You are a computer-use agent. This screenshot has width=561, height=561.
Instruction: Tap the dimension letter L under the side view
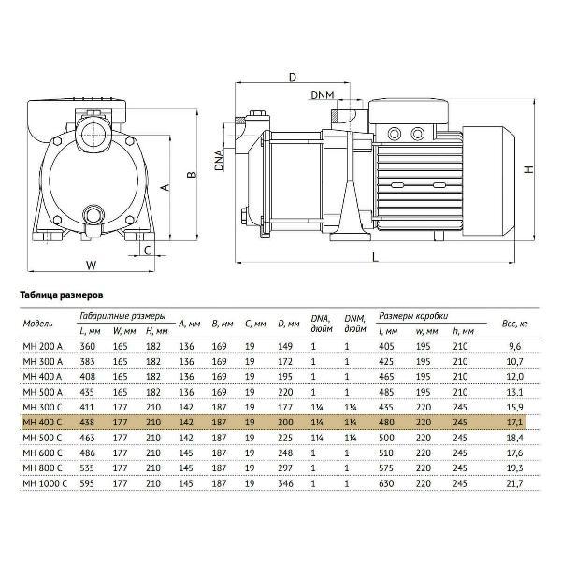tap(375, 256)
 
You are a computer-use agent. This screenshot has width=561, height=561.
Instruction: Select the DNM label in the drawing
tap(323, 94)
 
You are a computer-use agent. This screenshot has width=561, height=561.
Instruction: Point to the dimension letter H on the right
tap(528, 169)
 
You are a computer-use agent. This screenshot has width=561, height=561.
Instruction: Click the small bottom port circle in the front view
tap(93, 214)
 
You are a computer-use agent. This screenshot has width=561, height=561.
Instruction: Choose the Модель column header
tap(36, 324)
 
